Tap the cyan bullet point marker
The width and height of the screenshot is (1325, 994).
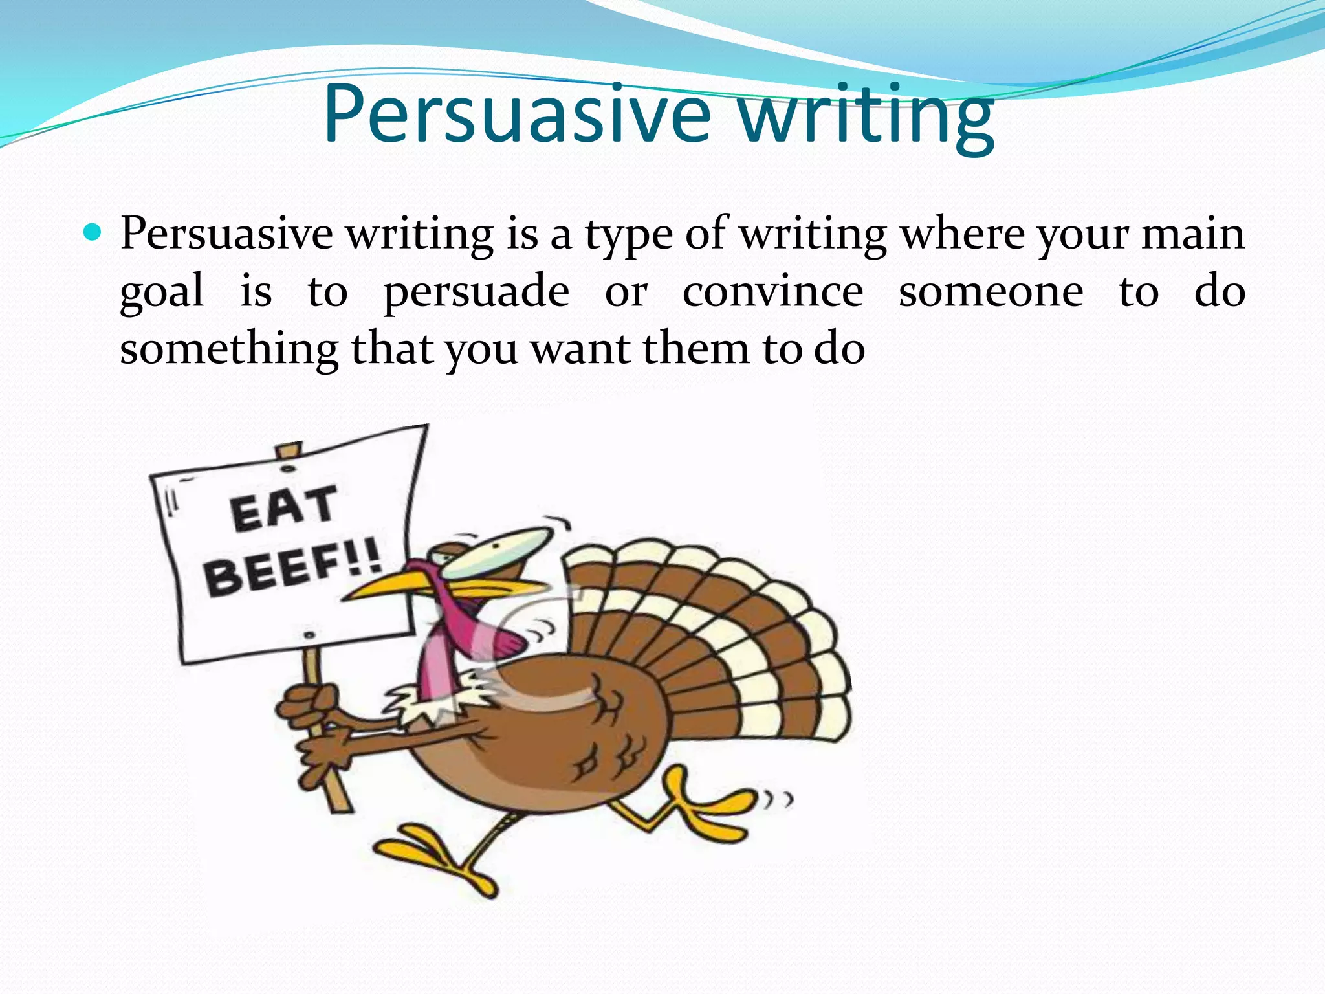93,232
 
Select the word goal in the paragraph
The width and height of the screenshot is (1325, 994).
162,293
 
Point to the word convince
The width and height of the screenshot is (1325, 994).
772,291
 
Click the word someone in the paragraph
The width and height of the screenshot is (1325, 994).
991,291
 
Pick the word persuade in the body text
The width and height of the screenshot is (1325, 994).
476,293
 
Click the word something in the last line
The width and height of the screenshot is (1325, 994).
228,351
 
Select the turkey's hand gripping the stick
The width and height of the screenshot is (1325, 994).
311,709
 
